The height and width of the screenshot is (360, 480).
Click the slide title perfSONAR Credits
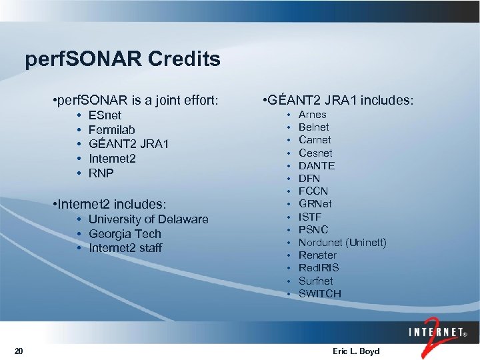tap(123, 60)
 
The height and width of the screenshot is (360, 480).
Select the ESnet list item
tap(105, 115)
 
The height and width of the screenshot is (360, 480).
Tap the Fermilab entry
tap(111, 130)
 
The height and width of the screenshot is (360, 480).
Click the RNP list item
tap(101, 173)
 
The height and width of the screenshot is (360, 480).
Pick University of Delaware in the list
tap(148, 219)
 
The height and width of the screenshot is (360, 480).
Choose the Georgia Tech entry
tap(125, 234)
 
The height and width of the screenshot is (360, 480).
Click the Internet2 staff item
tap(125, 248)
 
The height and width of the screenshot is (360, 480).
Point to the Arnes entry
tap(312, 115)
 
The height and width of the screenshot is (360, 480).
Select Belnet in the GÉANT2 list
tap(313, 127)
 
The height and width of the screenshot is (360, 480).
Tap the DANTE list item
tap(317, 165)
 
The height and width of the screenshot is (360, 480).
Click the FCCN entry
tap(313, 191)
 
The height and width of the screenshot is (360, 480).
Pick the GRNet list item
tap(315, 204)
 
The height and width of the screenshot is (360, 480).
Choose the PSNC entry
tap(313, 229)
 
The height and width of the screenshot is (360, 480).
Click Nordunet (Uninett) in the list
tap(342, 242)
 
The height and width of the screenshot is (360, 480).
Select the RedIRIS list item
tap(319, 267)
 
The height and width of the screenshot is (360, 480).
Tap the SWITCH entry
tap(319, 293)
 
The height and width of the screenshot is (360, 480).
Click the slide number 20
tap(19, 351)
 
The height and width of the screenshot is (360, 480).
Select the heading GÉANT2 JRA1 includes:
tap(339, 101)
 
